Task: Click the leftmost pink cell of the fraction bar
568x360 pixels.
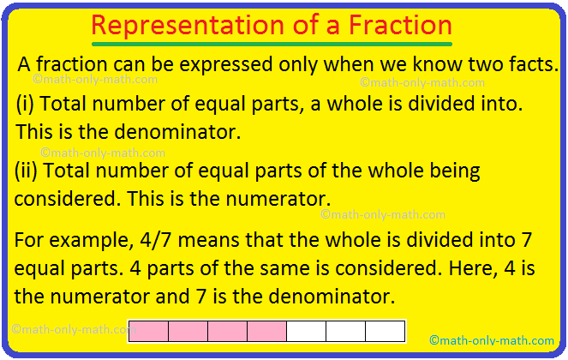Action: pyautogui.click(x=148, y=332)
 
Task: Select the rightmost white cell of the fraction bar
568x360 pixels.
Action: pyautogui.click(x=385, y=332)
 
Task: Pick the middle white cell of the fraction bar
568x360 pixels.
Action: pyautogui.click(x=345, y=332)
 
